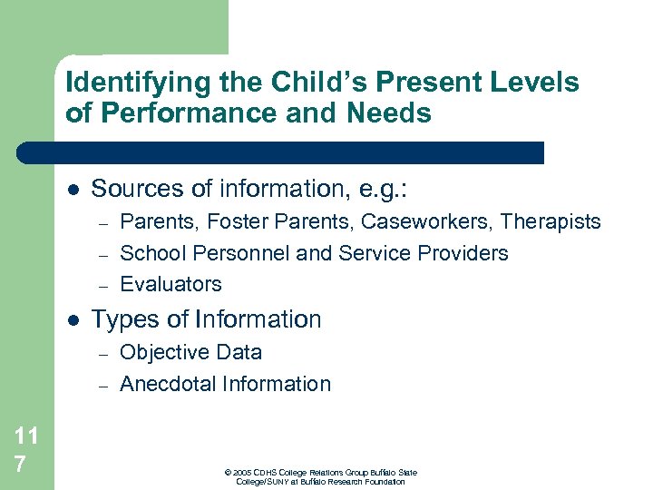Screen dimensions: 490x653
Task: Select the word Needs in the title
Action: click(x=395, y=114)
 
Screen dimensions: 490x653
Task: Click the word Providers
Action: click(x=468, y=253)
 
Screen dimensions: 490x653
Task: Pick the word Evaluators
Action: click(x=171, y=284)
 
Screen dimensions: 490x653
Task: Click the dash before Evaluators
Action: click(x=103, y=285)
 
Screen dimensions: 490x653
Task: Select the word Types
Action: click(x=121, y=320)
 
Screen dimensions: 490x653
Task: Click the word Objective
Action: click(x=161, y=353)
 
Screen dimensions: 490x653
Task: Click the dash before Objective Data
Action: click(x=103, y=354)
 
